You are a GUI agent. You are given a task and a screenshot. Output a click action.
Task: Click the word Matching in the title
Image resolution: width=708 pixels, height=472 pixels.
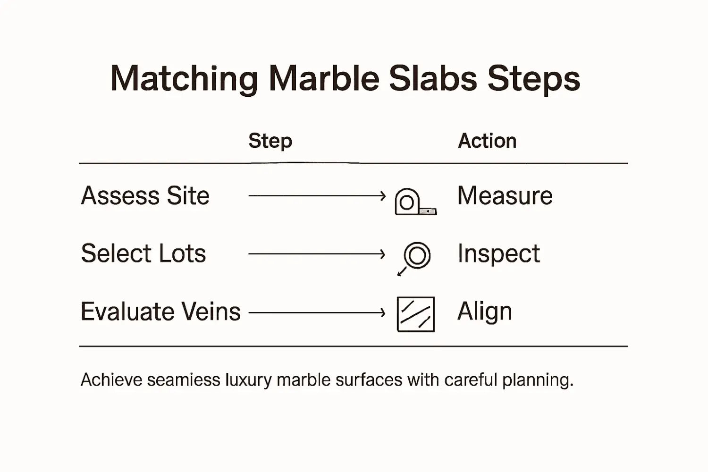coord(184,79)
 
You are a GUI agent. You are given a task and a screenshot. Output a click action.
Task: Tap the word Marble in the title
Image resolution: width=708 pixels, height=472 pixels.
coord(324,78)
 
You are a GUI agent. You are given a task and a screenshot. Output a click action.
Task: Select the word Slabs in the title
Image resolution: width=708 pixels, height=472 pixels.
coord(433,78)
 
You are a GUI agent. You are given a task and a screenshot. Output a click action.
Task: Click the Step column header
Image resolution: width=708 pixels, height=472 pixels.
coord(270,141)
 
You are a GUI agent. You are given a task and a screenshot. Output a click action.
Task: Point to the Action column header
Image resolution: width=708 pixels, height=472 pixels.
coord(487,141)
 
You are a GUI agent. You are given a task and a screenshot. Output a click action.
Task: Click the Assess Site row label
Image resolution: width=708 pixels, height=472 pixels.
coord(145,195)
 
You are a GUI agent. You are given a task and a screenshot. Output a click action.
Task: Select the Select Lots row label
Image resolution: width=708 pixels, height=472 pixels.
coord(143,253)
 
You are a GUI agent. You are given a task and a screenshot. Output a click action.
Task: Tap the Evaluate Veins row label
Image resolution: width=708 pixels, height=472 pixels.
coord(160,312)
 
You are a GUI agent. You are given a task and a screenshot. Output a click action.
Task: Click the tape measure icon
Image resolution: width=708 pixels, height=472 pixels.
coord(414,202)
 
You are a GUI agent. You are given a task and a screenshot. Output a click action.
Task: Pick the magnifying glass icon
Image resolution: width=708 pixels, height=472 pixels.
coord(415,257)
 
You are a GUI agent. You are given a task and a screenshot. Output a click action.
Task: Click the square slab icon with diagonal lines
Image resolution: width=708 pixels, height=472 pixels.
coord(415,314)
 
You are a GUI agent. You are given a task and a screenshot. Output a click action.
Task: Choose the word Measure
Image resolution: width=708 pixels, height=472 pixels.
coord(505,195)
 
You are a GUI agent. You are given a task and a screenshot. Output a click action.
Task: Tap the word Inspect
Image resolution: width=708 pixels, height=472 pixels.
coord(498,254)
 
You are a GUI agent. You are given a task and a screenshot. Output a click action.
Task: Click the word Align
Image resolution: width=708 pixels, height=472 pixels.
coord(484,312)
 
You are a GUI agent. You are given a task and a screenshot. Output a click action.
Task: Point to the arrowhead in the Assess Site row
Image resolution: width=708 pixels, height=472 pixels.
coord(383,195)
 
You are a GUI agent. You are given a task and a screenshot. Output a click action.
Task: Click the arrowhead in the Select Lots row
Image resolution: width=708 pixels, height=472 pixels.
coord(383,254)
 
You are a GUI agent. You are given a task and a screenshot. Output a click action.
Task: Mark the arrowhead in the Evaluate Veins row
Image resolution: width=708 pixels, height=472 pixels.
coord(383,312)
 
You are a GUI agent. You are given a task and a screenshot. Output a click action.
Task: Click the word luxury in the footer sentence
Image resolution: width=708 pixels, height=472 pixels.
coord(248,380)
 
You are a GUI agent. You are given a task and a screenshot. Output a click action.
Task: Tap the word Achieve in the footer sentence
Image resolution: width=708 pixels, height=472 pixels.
coord(111,379)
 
